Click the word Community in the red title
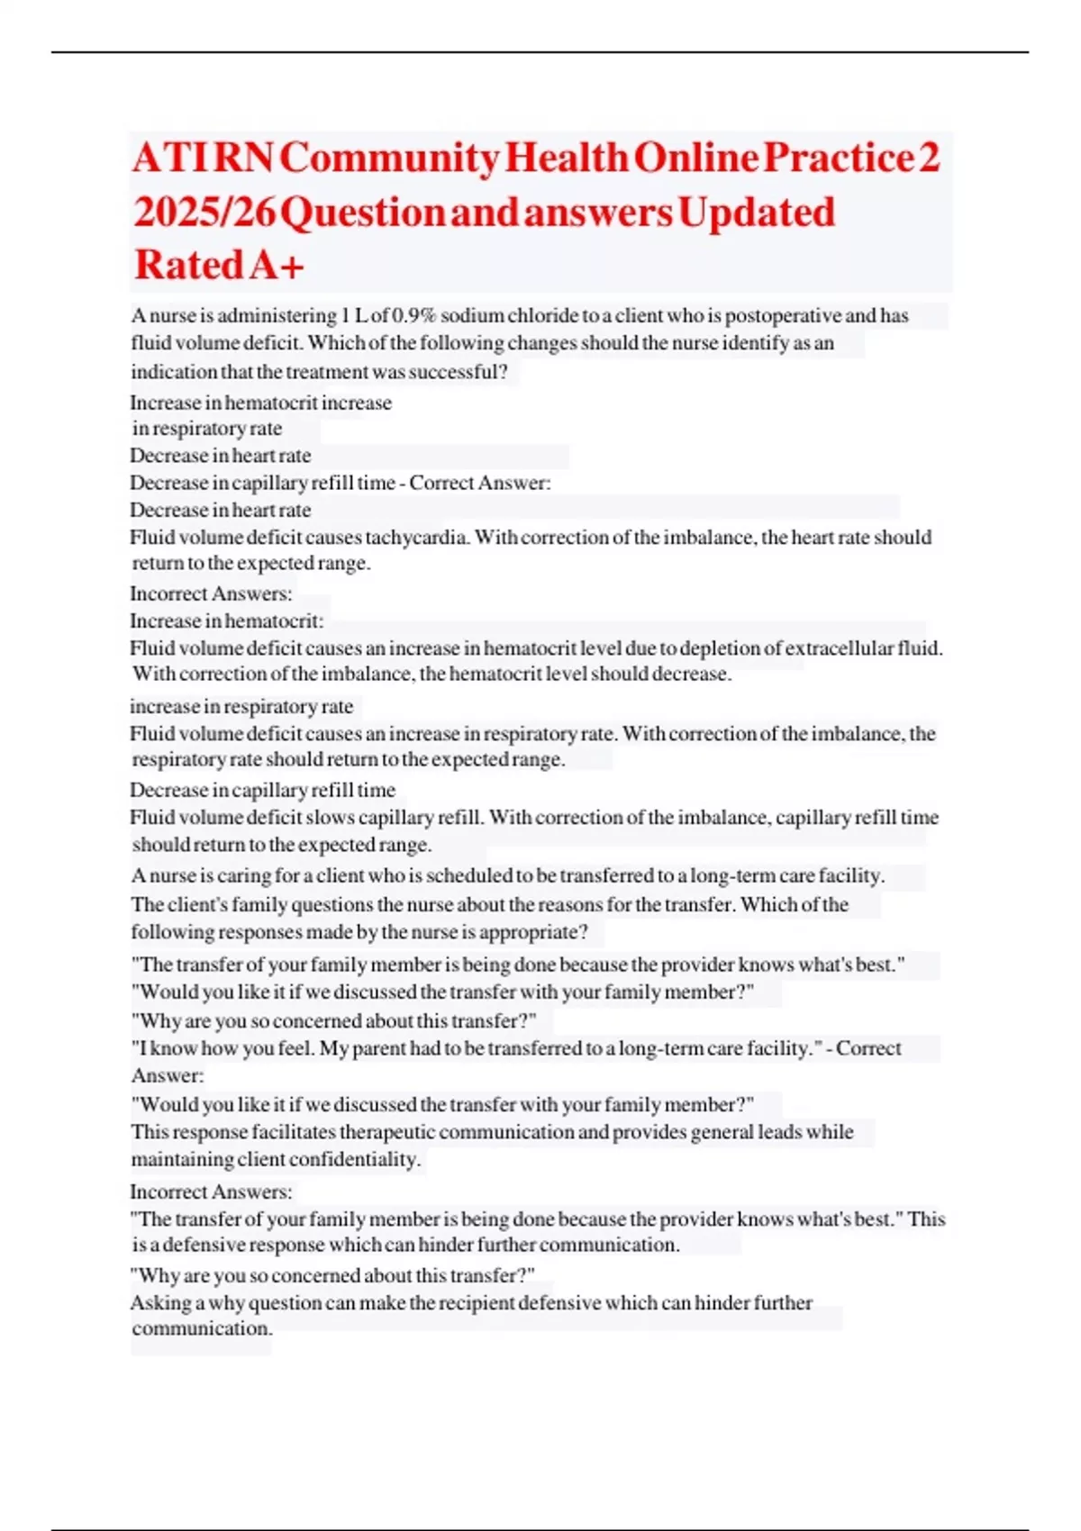[389, 159]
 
